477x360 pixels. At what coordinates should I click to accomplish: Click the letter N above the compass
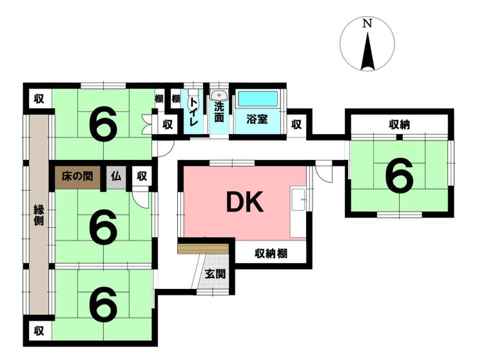367,23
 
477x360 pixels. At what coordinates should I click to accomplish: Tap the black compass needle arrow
367,51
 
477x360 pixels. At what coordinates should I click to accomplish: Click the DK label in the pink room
245,203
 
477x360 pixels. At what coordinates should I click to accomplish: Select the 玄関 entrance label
215,274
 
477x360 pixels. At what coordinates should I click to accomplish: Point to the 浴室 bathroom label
257,119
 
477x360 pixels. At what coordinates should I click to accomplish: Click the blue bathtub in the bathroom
258,98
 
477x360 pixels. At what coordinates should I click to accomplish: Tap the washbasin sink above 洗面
219,95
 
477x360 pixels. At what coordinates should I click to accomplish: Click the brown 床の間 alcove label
77,176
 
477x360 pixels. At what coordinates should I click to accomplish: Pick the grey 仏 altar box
116,176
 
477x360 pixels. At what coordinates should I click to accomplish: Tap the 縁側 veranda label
39,215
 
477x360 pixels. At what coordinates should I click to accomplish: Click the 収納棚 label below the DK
271,254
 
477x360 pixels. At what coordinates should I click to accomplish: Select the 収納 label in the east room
399,125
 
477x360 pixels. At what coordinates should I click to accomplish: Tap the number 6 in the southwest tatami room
103,305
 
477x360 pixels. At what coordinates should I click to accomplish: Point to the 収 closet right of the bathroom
297,125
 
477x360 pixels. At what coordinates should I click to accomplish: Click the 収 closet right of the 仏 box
142,176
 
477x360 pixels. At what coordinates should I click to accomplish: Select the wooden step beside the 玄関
203,248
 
